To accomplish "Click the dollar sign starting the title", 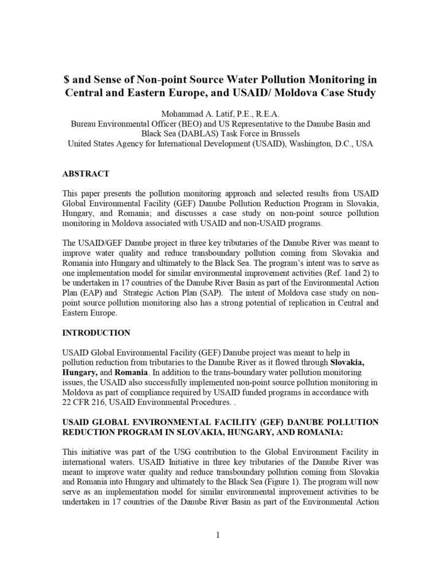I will click(x=65, y=80).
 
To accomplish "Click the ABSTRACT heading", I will click(x=86, y=173).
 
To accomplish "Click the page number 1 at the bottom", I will click(x=219, y=537).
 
